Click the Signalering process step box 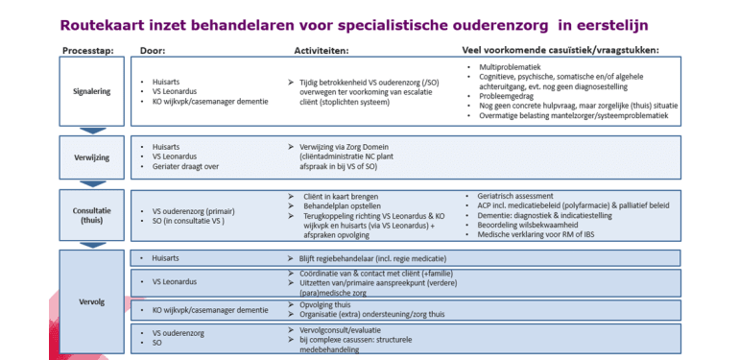[91, 92]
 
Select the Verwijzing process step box [91, 157]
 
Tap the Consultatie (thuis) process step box [91, 214]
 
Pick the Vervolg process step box [91, 301]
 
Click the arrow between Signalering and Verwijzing [92, 131]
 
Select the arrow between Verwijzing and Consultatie [92, 184]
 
